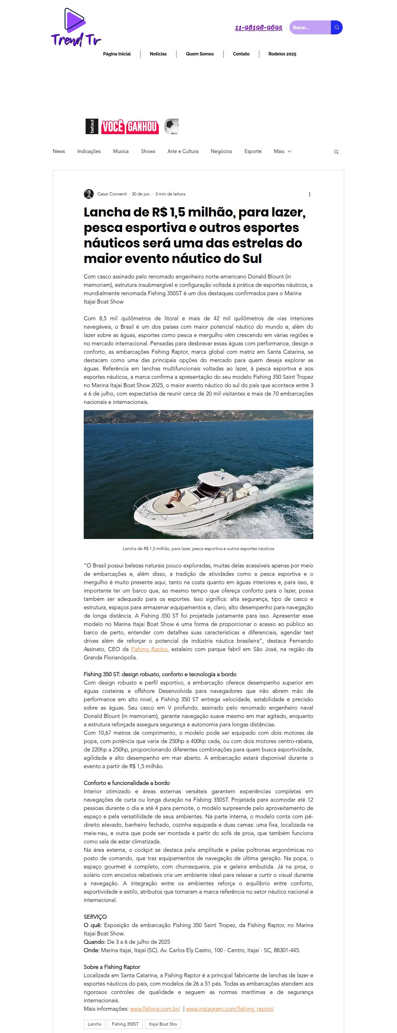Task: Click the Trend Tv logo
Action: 75,27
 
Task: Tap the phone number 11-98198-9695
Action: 258,28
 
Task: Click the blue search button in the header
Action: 337,28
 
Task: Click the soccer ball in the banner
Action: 172,126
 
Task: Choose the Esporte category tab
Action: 253,151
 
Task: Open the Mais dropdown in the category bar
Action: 282,151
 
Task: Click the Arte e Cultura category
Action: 183,151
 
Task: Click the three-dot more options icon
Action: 310,195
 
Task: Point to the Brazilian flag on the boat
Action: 222,470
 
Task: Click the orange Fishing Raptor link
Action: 149,649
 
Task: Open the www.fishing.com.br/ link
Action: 155,1009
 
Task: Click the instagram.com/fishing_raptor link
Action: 230,1009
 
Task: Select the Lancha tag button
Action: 95,1024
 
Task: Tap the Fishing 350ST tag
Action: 125,1024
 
